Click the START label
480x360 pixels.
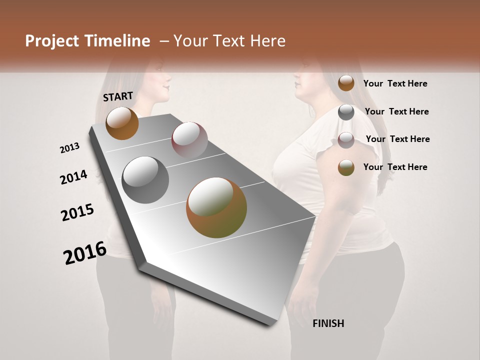pos(118,96)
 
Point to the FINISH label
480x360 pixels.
pos(328,323)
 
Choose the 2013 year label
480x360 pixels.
pos(69,148)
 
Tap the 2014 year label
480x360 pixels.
pos(73,177)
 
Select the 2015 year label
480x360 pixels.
pos(77,212)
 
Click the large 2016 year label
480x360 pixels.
pos(85,253)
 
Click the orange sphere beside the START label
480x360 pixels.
pos(122,123)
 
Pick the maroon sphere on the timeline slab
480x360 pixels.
pos(189,139)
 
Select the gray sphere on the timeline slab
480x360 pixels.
pos(145,180)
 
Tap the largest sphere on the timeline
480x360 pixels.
pos(216,207)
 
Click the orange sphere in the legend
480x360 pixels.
pos(346,83)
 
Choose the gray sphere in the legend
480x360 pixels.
pos(346,112)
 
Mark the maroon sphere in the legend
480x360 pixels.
pos(346,140)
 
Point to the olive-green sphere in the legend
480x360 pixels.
pos(346,167)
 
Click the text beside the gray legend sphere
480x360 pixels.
pos(396,111)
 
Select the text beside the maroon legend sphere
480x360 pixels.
pos(397,139)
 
